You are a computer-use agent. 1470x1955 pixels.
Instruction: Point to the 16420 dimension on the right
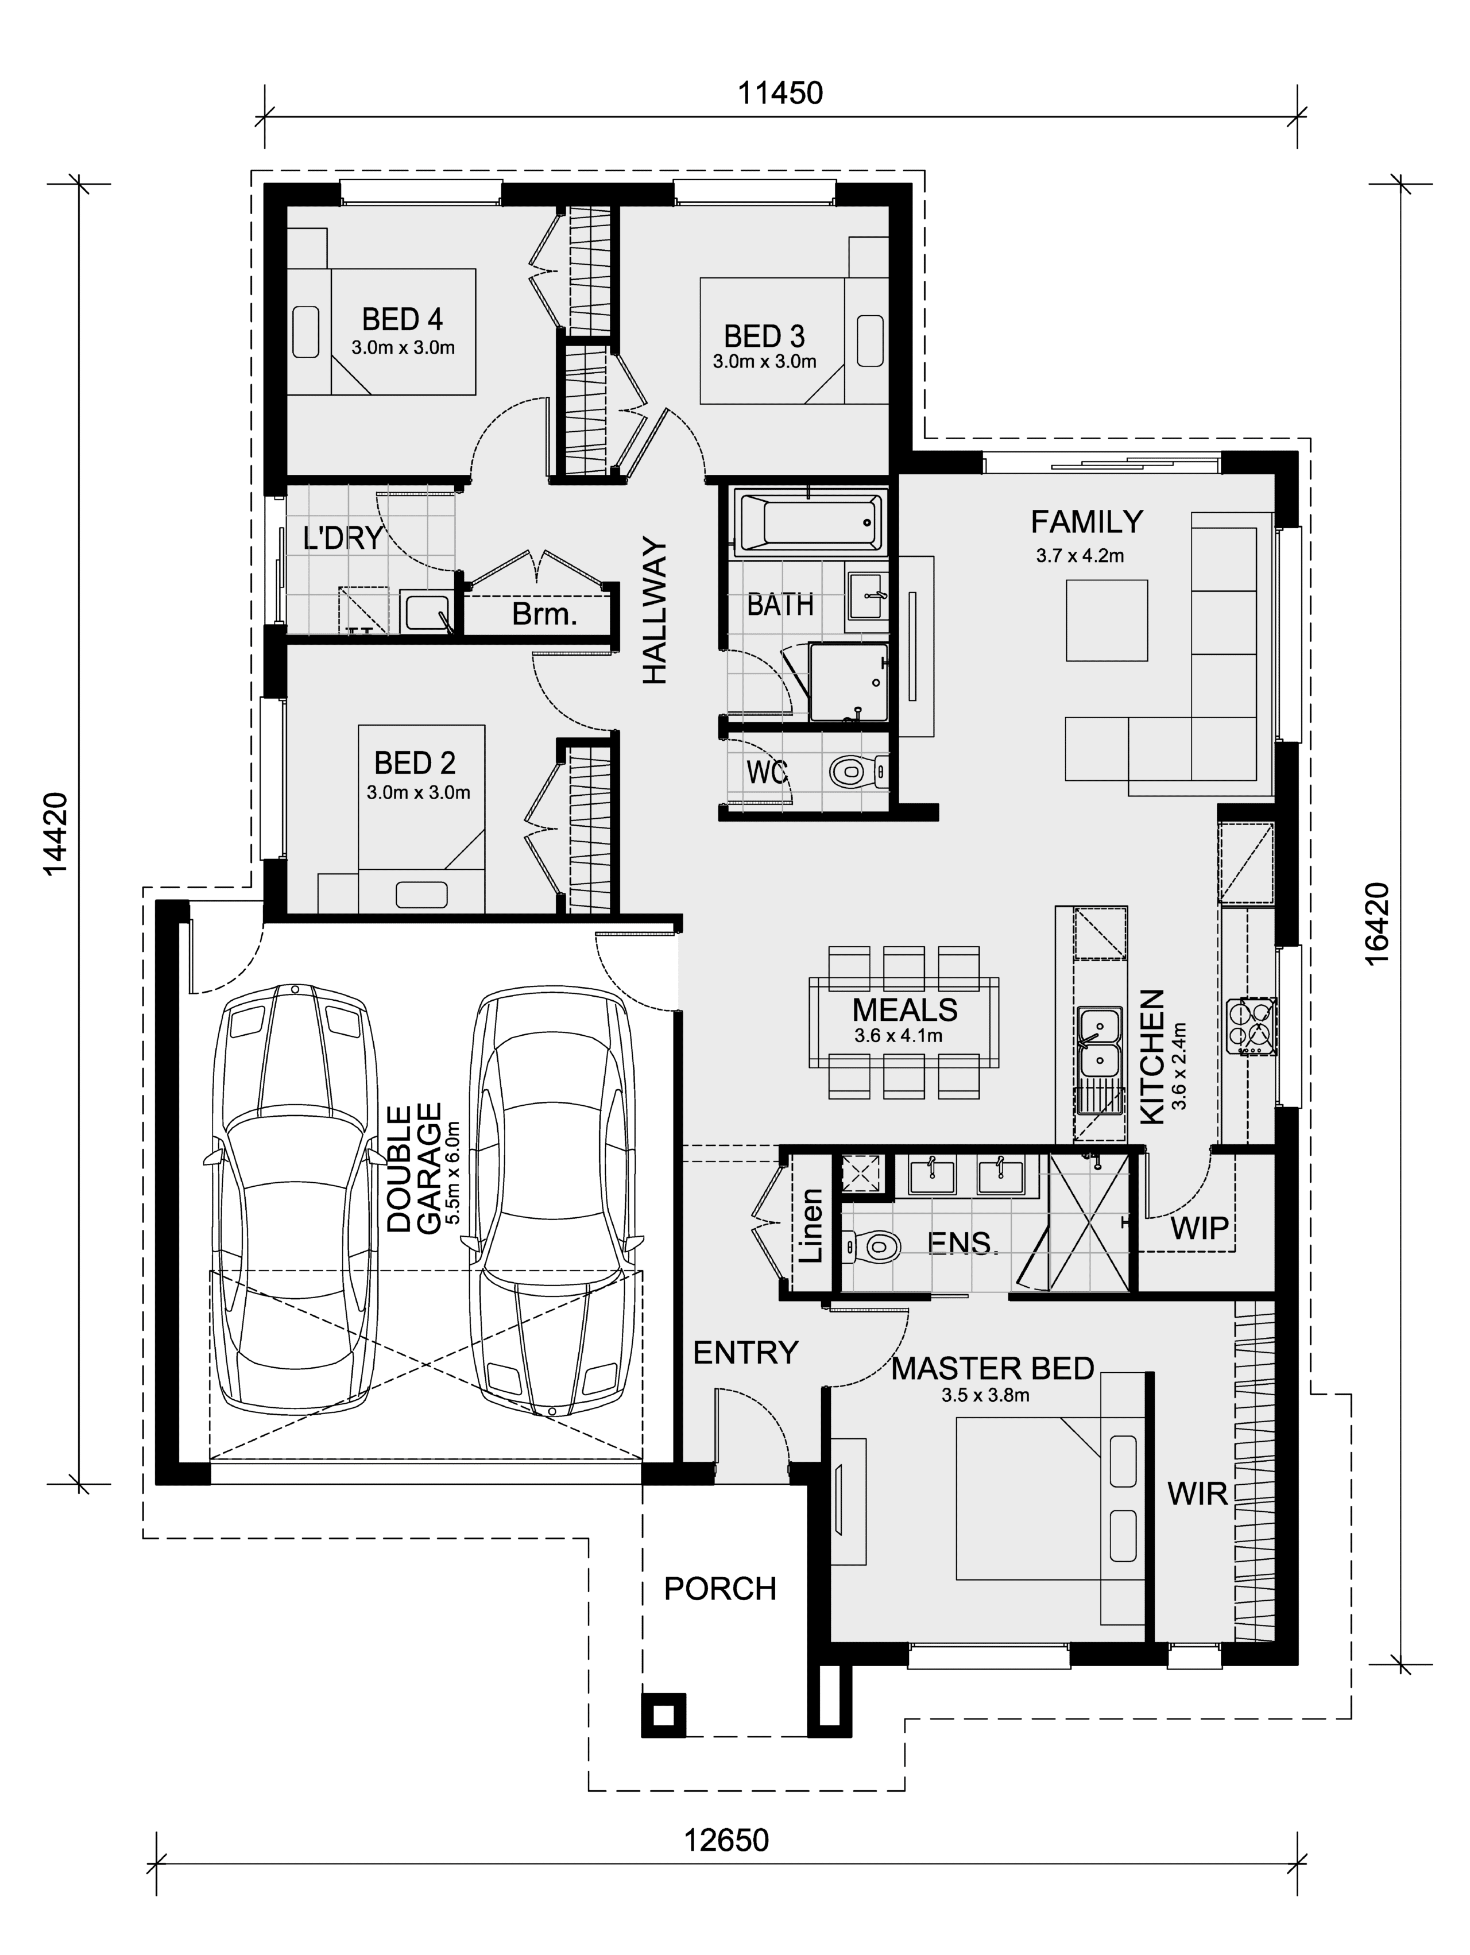point(1378,924)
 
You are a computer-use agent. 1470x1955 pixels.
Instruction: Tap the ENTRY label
point(745,1352)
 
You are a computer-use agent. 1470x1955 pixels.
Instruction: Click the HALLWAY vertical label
point(654,610)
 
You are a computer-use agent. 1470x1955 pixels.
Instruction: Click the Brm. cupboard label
point(544,613)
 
